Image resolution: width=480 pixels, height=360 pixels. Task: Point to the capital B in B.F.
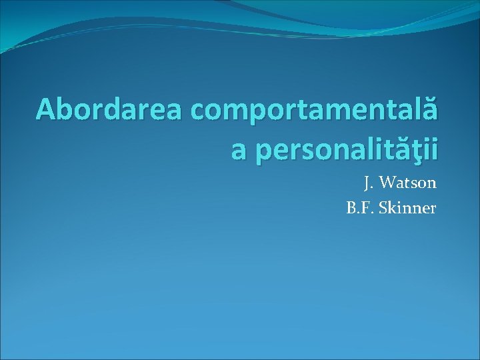pos(351,208)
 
